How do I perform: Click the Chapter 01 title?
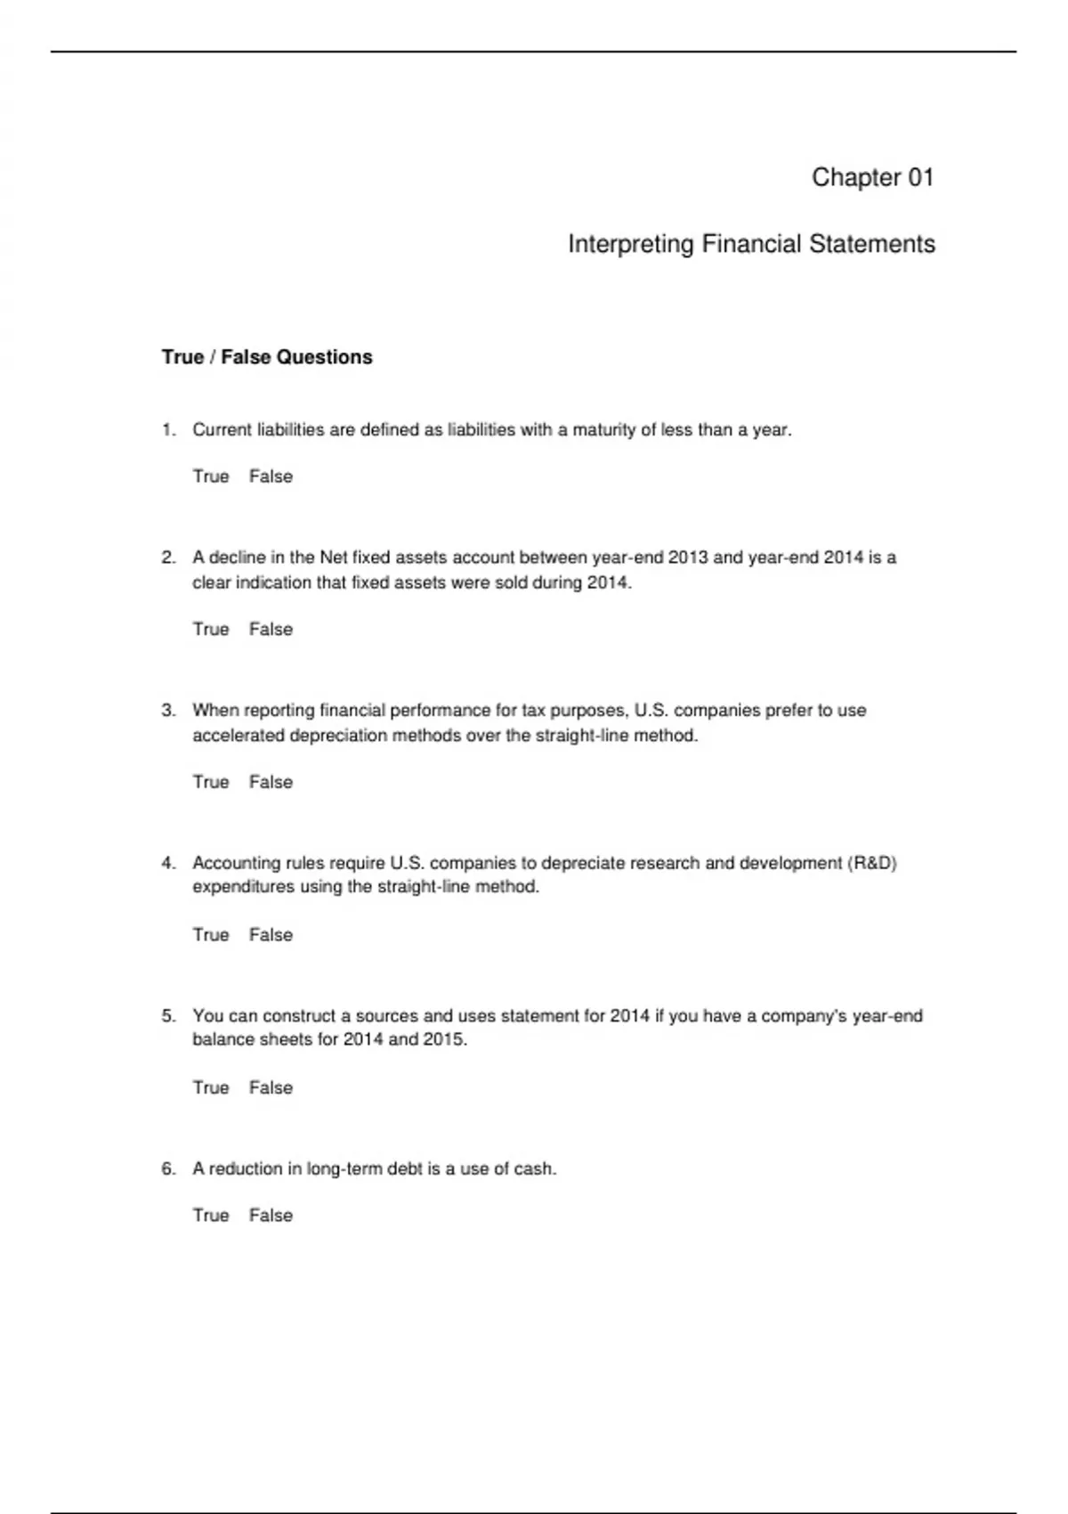pos(872,177)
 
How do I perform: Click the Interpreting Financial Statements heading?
pos(751,244)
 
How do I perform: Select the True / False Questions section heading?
pos(267,357)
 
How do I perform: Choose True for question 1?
pos(211,476)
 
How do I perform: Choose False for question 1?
pos(271,476)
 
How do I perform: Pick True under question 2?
pos(211,630)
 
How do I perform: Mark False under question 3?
pos(271,782)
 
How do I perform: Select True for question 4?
pos(211,935)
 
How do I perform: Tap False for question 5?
pos(271,1087)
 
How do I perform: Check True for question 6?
pos(211,1216)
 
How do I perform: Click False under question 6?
pos(271,1216)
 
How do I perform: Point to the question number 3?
pos(168,711)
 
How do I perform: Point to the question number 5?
pos(168,1016)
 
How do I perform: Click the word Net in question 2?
pos(334,558)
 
